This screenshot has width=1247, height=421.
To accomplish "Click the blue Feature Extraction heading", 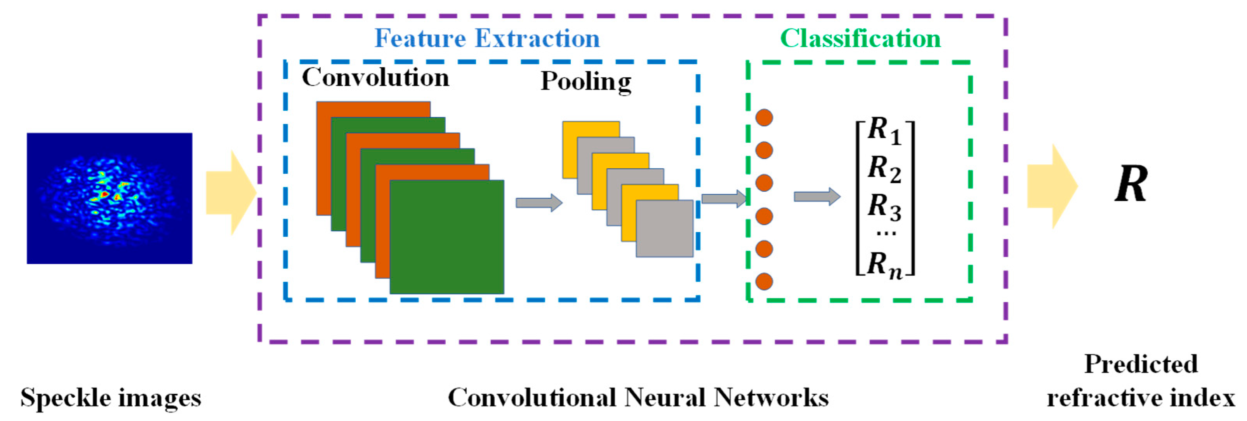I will pyautogui.click(x=486, y=38).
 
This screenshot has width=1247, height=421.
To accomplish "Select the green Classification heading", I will pyautogui.click(x=860, y=38).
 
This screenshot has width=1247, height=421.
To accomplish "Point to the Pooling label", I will pyautogui.click(x=586, y=81).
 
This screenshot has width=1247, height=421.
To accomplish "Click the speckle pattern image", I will pyautogui.click(x=109, y=198).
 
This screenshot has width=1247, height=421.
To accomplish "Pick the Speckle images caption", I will pyautogui.click(x=110, y=398).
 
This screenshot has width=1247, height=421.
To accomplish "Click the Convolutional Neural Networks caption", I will pyautogui.click(x=637, y=398).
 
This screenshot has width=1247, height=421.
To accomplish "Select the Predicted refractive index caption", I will pyautogui.click(x=1141, y=381).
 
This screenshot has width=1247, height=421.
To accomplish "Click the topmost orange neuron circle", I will pyautogui.click(x=764, y=118).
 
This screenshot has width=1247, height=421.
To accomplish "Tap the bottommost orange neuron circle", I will pyautogui.click(x=764, y=281).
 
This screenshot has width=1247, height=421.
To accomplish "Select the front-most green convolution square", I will pyautogui.click(x=446, y=237).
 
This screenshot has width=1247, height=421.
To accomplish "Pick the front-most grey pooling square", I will pyautogui.click(x=664, y=228).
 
